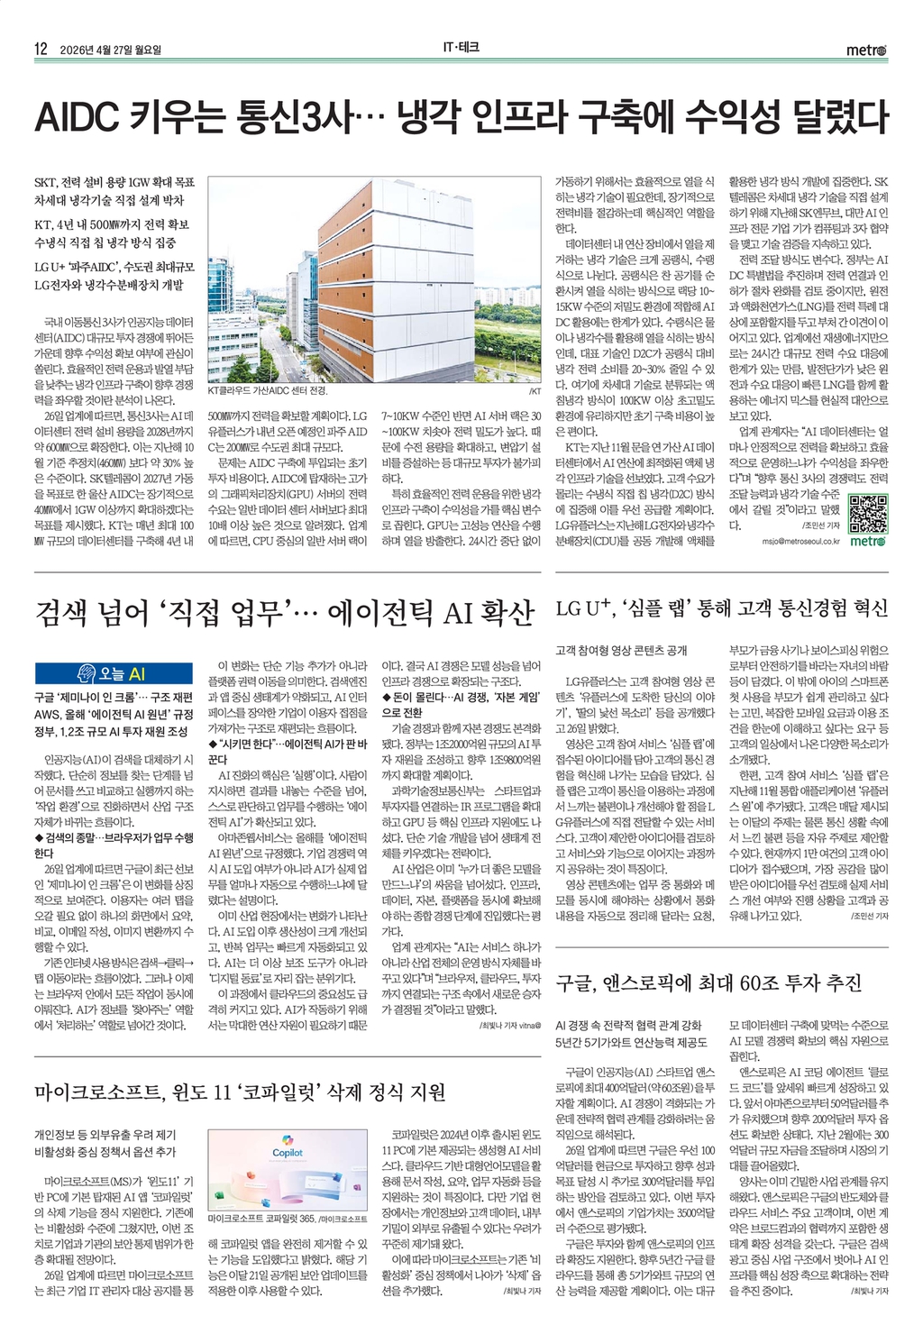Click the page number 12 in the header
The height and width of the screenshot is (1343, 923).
41,50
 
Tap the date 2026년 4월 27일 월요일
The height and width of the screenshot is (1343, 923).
111,50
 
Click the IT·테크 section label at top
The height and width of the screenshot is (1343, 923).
461,49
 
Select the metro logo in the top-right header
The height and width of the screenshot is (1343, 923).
866,50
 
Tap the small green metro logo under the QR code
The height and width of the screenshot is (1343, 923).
868,541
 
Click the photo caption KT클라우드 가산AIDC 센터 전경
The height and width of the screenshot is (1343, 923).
268,391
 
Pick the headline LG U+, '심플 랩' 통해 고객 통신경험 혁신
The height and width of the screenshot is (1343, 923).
721,608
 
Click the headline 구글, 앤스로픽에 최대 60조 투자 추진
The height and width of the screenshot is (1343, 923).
708,982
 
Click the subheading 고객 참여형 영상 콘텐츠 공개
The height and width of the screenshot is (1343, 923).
621,650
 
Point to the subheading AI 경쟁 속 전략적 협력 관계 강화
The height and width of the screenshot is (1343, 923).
628,1025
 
